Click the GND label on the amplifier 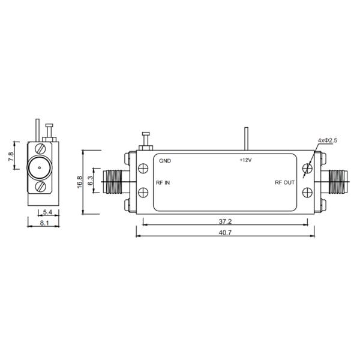click(x=165, y=161)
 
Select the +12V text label click(x=246, y=160)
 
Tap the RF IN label click(x=163, y=183)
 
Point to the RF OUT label click(x=284, y=183)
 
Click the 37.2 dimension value click(x=225, y=221)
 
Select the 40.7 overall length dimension click(x=225, y=232)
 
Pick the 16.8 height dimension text click(x=80, y=182)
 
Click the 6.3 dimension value click(x=91, y=179)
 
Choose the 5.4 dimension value click(x=48, y=212)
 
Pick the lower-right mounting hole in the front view click(x=308, y=192)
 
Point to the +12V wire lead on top click(x=245, y=140)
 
